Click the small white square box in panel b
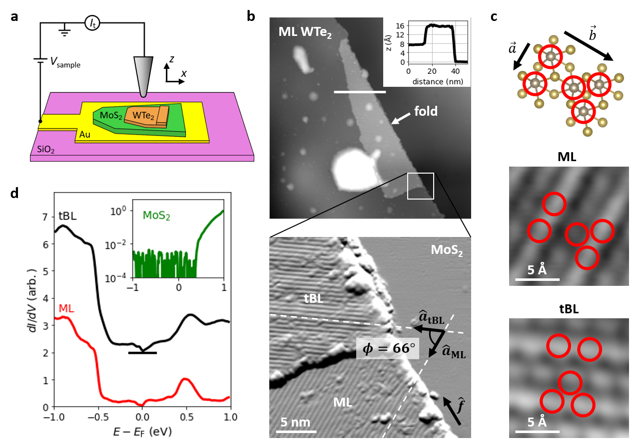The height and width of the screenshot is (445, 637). pos(420,186)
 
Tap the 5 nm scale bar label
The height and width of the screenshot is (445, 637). pos(297,422)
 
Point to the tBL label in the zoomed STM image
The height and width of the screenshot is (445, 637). pos(313,299)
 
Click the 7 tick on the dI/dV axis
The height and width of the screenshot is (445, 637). pos(46,217)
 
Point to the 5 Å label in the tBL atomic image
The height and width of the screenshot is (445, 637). pos(537,423)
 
